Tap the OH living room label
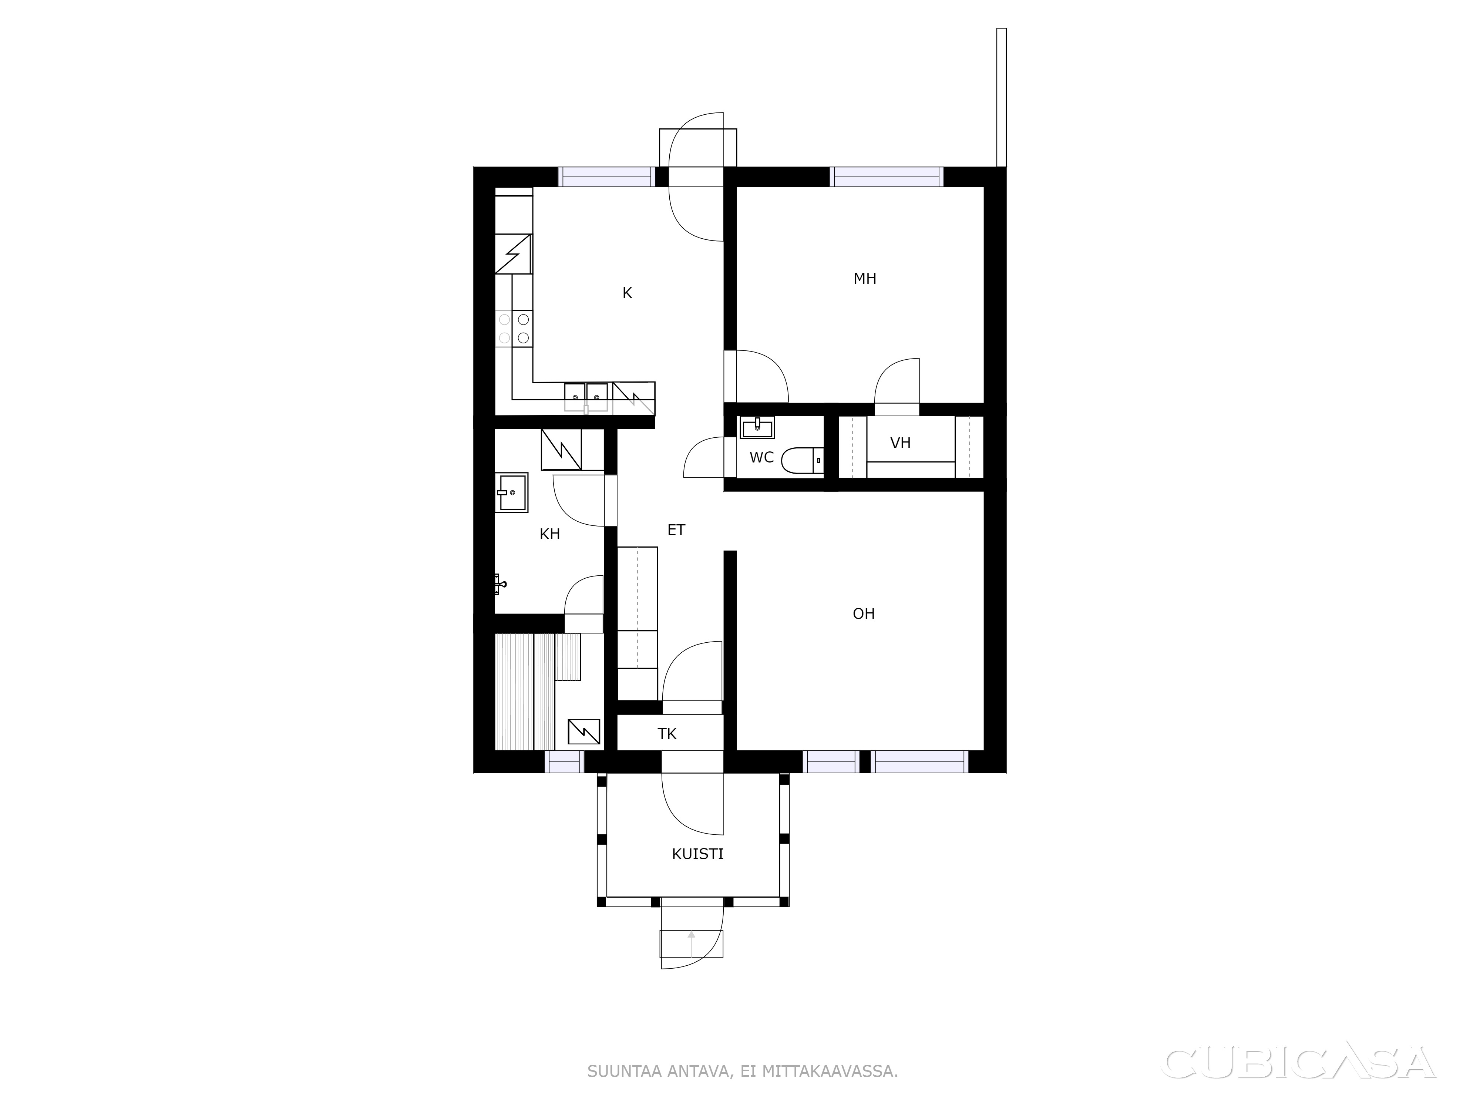pyautogui.click(x=864, y=614)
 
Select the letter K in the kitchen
pyautogui.click(x=627, y=293)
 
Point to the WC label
pyautogui.click(x=761, y=458)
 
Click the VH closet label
pyautogui.click(x=901, y=443)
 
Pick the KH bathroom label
pyautogui.click(x=550, y=534)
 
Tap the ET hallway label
pyautogui.click(x=676, y=530)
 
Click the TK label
pyautogui.click(x=667, y=734)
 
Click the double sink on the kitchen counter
pyautogui.click(x=586, y=397)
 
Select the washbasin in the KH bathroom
pyautogui.click(x=512, y=492)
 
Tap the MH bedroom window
pyautogui.click(x=887, y=176)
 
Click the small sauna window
pyautogui.click(x=564, y=762)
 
